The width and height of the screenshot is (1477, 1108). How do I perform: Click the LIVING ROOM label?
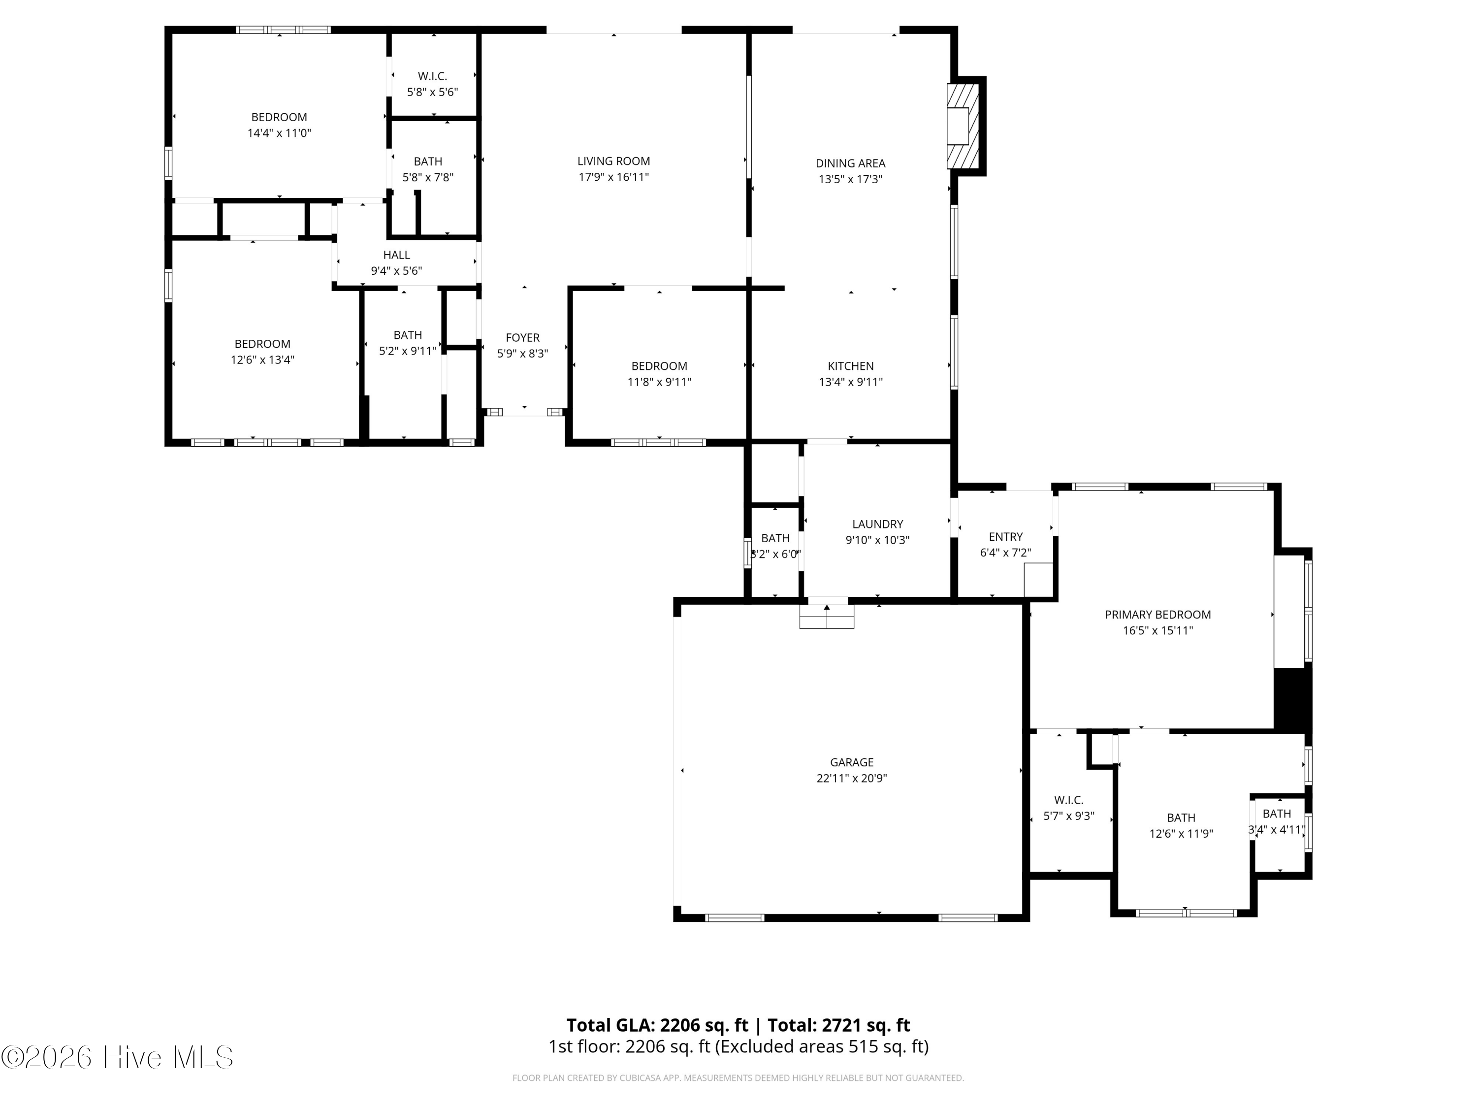tap(613, 161)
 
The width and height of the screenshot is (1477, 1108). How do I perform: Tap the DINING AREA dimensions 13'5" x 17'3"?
tap(850, 179)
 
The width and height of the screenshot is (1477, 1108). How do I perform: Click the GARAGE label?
tap(851, 762)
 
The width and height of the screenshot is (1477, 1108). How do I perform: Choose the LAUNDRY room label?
tap(877, 524)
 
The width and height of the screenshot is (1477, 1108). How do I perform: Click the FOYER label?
tap(522, 338)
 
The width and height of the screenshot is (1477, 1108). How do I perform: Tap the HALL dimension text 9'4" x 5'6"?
tap(397, 270)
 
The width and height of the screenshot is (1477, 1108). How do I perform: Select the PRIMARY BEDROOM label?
tap(1157, 615)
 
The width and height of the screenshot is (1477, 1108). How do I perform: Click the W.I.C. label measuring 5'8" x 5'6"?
tap(432, 76)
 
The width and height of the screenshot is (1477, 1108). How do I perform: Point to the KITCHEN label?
tap(850, 366)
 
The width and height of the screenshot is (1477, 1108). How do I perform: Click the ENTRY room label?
tap(1005, 537)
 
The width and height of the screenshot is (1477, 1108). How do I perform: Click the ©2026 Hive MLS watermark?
tap(118, 1057)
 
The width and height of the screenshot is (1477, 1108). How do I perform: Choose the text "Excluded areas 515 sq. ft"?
tap(821, 1046)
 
